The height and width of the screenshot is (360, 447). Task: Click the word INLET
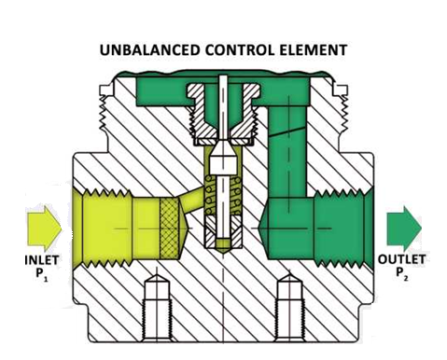[32, 258]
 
